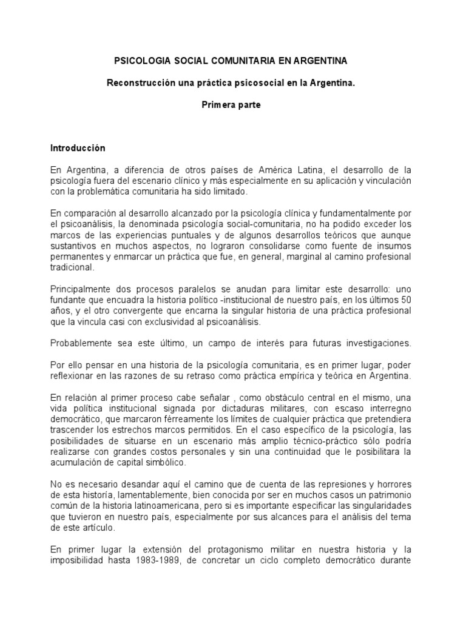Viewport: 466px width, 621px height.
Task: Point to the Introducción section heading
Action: (x=78, y=148)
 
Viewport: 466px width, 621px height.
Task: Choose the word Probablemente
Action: (x=80, y=343)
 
